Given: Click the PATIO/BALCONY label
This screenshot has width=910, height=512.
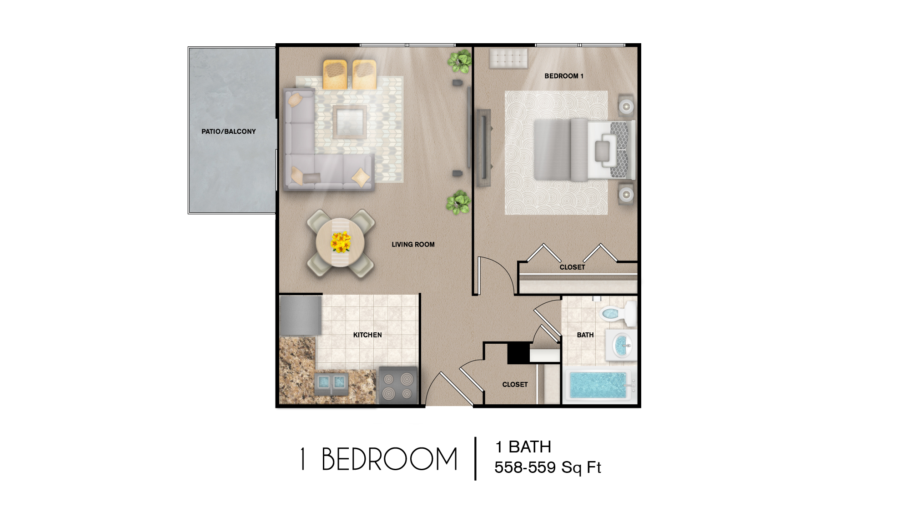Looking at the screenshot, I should (228, 131).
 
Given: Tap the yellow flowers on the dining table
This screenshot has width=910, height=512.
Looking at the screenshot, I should (341, 242).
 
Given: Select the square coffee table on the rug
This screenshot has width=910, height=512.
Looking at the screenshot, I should (349, 121).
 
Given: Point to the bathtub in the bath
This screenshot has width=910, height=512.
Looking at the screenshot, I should (598, 385).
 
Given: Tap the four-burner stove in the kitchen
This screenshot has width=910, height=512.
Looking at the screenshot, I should (398, 386).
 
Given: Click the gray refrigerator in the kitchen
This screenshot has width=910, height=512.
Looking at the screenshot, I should (300, 315).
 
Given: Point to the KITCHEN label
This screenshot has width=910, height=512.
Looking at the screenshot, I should (367, 335).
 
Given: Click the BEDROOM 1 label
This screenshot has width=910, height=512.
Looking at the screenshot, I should (563, 76).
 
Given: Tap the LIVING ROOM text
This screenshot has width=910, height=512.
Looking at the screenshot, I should (413, 245).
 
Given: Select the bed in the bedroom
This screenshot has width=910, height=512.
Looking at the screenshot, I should (584, 150).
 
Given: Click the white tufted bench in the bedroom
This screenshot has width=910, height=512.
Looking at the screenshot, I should (508, 59).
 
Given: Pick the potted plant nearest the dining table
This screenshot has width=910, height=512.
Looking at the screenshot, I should (458, 203).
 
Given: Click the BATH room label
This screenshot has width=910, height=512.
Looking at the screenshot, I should (585, 335).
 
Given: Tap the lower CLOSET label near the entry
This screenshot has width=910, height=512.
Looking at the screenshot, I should (515, 385).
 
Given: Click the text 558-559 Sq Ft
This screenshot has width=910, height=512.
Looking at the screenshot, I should (548, 467).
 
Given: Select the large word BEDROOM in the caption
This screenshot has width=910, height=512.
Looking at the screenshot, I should (389, 459).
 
